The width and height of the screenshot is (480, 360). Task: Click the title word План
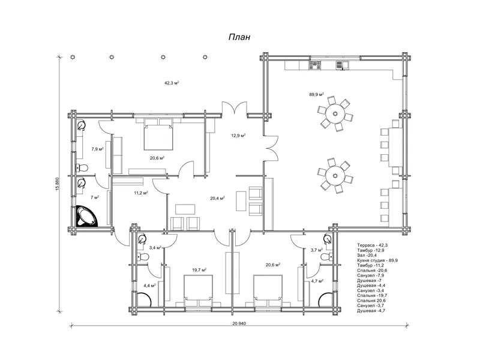pos(239,37)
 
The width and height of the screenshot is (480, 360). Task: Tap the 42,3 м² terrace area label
pos(172,83)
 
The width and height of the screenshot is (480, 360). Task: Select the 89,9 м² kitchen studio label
pos(317,95)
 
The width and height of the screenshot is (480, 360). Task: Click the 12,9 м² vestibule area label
pos(238,136)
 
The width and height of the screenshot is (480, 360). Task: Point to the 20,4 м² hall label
pos(217,198)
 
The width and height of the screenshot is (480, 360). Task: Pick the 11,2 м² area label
pos(141,193)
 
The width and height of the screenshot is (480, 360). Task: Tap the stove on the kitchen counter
pos(315,65)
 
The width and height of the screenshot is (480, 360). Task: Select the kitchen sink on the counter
pos(343,65)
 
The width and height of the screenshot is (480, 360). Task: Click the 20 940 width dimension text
pos(239,323)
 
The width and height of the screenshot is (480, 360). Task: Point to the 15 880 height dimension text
pos(57,184)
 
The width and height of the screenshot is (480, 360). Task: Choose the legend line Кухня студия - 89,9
pos(377,260)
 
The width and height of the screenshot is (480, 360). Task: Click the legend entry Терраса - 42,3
pos(372,245)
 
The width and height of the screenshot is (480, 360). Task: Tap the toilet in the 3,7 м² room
pos(326,257)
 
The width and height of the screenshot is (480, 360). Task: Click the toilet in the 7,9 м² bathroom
pos(82,167)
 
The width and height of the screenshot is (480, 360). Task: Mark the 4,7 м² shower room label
pos(317,281)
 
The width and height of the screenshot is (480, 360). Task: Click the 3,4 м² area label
pos(155,248)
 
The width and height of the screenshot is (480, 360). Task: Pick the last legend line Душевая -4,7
pos(371,311)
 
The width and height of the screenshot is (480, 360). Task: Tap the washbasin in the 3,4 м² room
pos(142,238)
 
